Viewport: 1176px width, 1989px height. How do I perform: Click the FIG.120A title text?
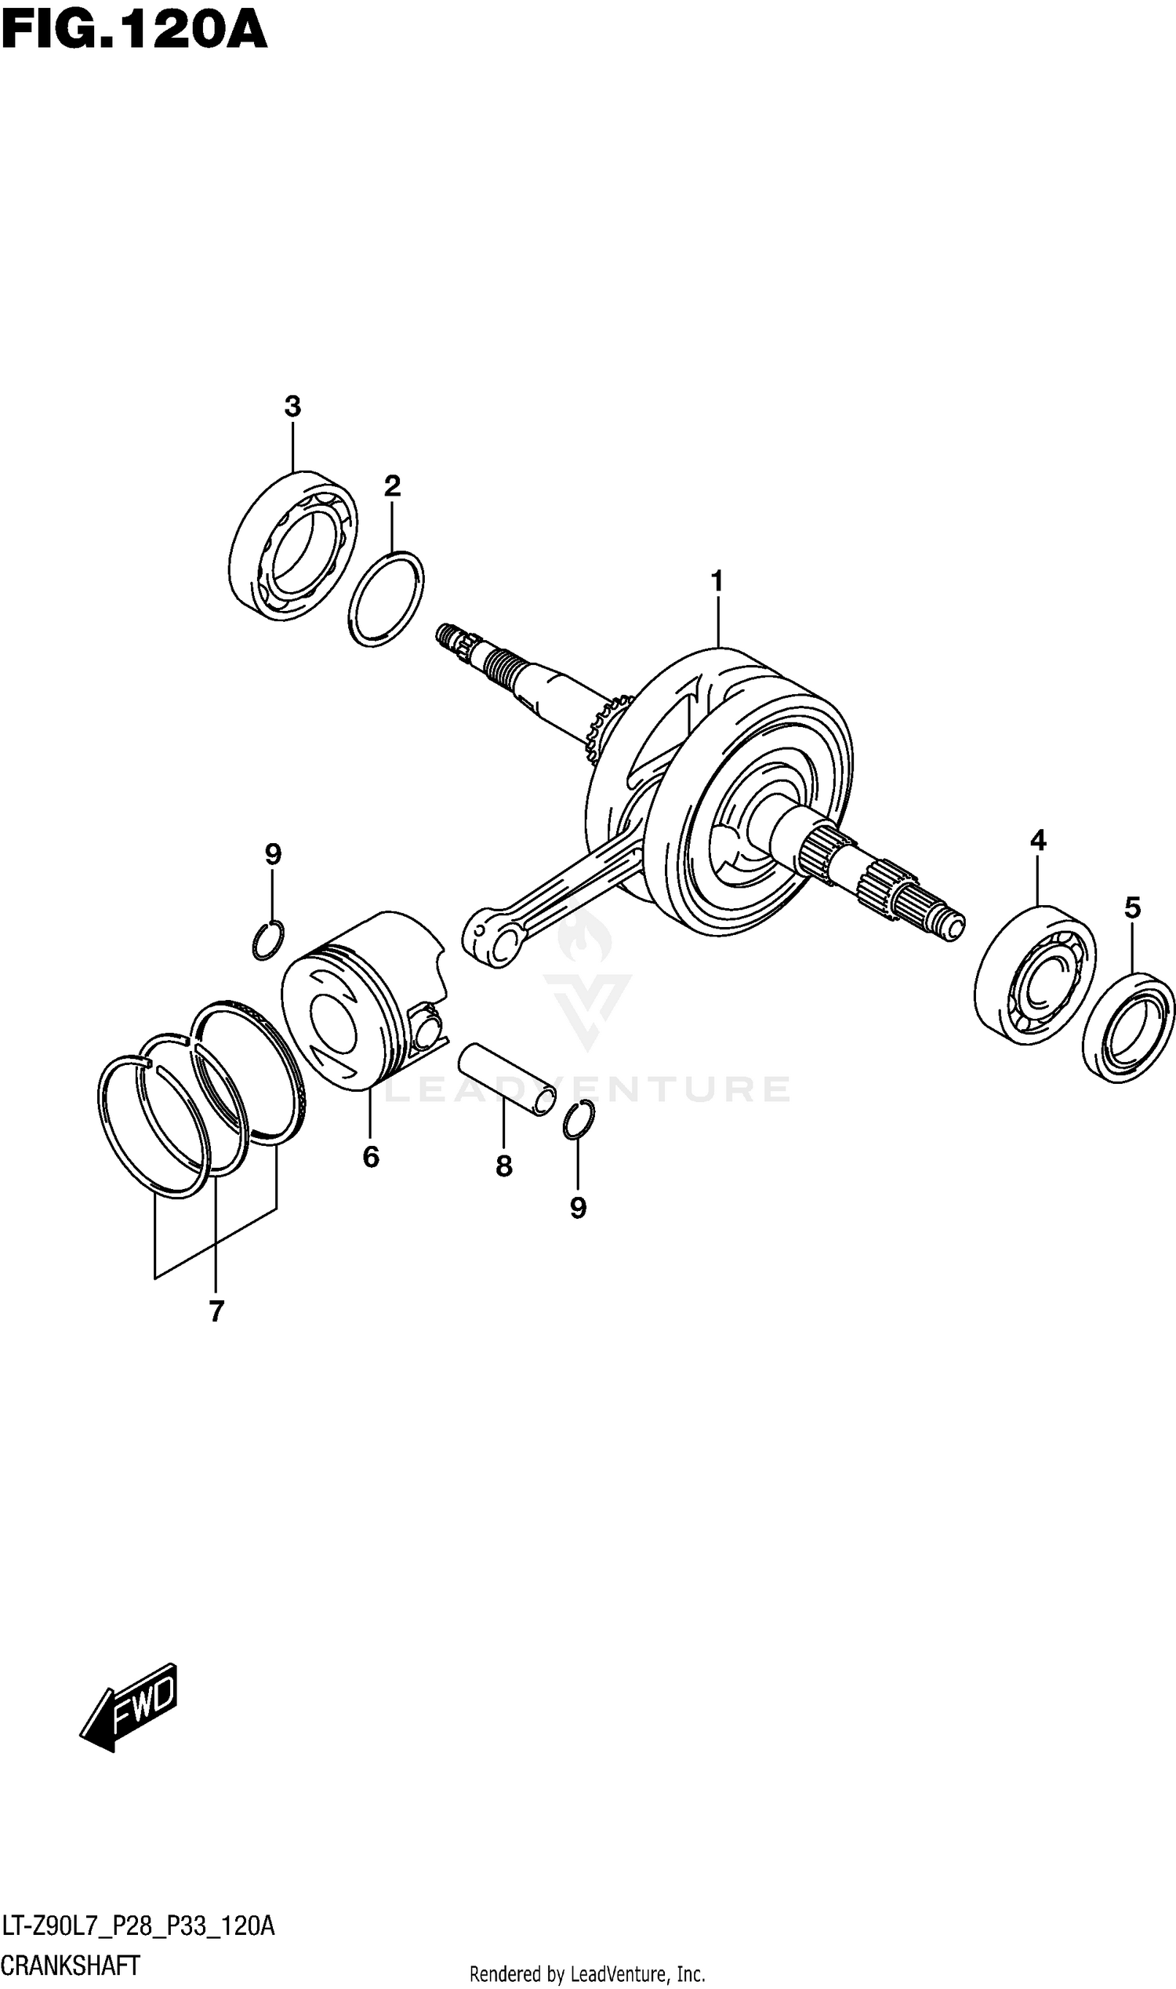(135, 31)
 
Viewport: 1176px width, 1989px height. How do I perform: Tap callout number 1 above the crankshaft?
(717, 582)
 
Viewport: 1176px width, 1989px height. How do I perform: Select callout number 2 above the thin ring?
(392, 486)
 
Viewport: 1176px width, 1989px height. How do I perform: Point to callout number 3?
(292, 407)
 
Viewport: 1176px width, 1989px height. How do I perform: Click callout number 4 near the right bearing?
(1038, 839)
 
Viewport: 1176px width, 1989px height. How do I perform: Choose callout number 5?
(1132, 907)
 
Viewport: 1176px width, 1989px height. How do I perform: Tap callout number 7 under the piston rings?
(216, 1312)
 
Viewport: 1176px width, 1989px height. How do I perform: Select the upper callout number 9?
(273, 855)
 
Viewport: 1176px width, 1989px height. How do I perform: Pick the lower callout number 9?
(579, 1207)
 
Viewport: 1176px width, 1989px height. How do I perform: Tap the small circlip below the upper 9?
(267, 940)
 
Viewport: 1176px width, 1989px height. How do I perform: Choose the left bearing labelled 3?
(292, 545)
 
